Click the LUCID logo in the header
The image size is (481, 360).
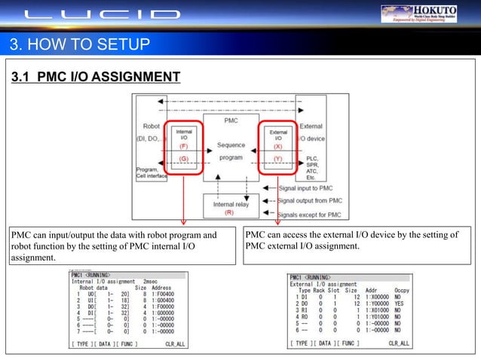pyautogui.click(x=101, y=14)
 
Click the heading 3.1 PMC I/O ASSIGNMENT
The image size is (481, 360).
pyautogui.click(x=94, y=77)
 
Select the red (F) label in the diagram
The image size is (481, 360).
pyautogui.click(x=184, y=148)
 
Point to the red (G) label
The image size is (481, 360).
pyautogui.click(x=184, y=160)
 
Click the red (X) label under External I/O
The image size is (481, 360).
pyautogui.click(x=277, y=147)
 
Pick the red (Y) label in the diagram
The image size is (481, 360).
pyautogui.click(x=277, y=159)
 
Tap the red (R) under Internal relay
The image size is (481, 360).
pyautogui.click(x=229, y=212)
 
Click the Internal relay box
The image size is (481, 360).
pyautogui.click(x=229, y=206)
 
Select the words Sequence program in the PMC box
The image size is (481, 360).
pyautogui.click(x=230, y=152)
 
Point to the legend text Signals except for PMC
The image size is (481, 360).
pyautogui.click(x=310, y=214)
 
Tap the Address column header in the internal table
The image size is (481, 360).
pyautogui.click(x=161, y=288)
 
